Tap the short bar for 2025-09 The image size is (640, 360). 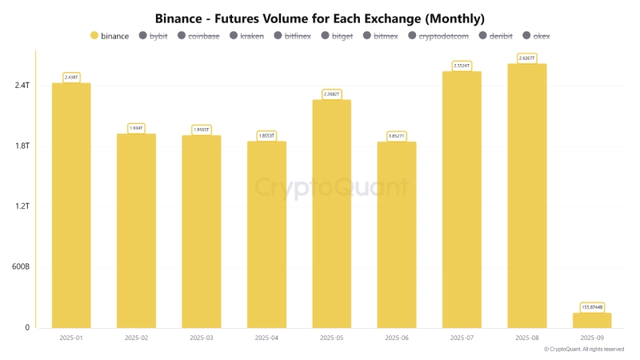(593, 320)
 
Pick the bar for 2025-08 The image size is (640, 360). (527, 195)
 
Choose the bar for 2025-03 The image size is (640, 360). (202, 231)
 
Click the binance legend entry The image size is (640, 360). (110, 36)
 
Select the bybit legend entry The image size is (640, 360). (155, 36)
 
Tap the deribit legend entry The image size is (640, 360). (495, 36)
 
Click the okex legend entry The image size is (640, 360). (536, 36)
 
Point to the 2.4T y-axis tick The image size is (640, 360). (22, 86)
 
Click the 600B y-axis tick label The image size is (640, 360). (21, 267)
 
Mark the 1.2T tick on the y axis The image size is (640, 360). (22, 206)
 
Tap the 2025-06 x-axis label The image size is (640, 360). (397, 338)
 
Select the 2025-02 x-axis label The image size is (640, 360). (136, 338)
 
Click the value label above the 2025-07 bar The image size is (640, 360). (462, 66)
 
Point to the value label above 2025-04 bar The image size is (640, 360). (266, 136)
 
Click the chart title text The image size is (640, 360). (320, 18)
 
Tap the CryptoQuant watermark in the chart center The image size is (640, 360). (331, 188)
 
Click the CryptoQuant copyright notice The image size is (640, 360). (584, 350)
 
